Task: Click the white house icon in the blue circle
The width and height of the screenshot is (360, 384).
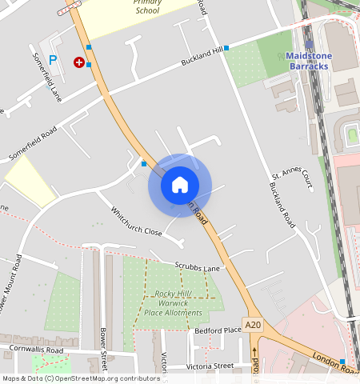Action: click(180, 185)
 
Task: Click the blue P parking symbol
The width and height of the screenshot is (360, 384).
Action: click(53, 59)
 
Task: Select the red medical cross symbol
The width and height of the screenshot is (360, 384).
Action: click(78, 62)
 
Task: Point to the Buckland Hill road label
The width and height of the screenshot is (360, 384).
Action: click(201, 57)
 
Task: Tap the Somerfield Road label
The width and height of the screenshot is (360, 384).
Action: click(33, 142)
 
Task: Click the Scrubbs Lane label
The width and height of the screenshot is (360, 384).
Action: click(197, 267)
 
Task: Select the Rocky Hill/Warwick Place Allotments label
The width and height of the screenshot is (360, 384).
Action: click(178, 302)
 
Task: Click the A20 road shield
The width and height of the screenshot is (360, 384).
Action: click(254, 324)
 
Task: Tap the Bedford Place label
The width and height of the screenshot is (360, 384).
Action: click(218, 330)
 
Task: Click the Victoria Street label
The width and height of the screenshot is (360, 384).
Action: click(210, 366)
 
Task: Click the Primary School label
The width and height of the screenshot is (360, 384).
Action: click(147, 7)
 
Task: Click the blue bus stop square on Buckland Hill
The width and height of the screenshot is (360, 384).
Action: click(226, 48)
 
